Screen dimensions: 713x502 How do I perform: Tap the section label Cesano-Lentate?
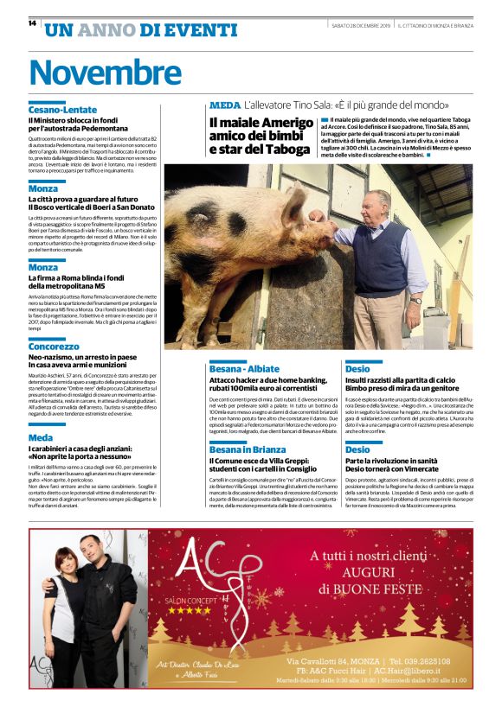(62, 110)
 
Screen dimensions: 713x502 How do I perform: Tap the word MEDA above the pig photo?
(225, 105)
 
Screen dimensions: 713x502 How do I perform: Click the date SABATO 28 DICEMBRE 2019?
(361, 26)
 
